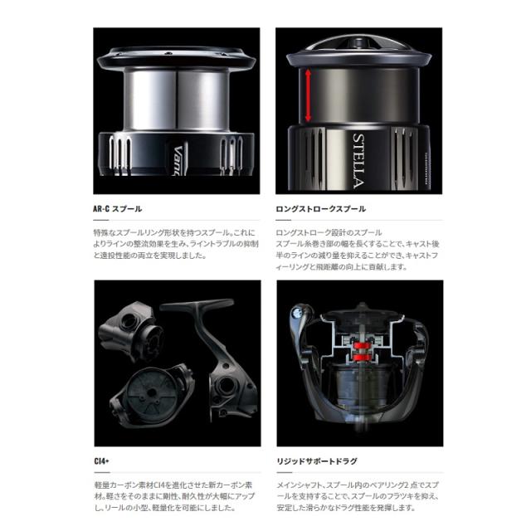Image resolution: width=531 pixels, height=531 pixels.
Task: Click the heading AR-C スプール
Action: tap(118, 209)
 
